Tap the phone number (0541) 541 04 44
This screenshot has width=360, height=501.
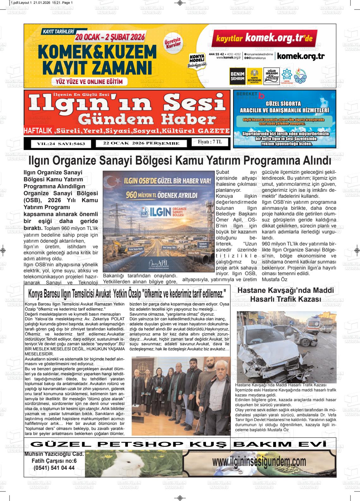click(x=54, y=468)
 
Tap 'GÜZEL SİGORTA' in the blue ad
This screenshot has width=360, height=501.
click(x=283, y=104)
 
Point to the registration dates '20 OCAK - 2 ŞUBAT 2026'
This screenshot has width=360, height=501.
click(x=110, y=37)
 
